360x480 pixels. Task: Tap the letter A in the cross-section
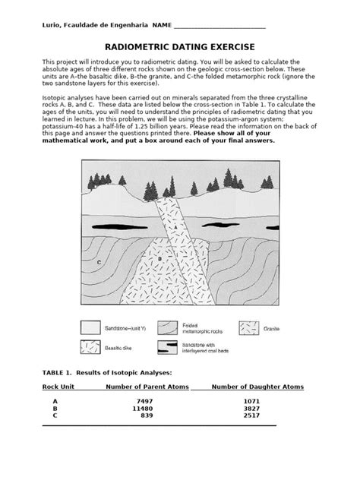tap(175, 227)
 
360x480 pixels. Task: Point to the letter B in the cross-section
tap(160, 258)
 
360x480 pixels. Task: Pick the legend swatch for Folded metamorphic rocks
tap(168, 328)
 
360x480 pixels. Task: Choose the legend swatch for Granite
tap(250, 328)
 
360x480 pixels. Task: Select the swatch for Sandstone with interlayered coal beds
tap(168, 347)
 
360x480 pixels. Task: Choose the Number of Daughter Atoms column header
tap(257, 387)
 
